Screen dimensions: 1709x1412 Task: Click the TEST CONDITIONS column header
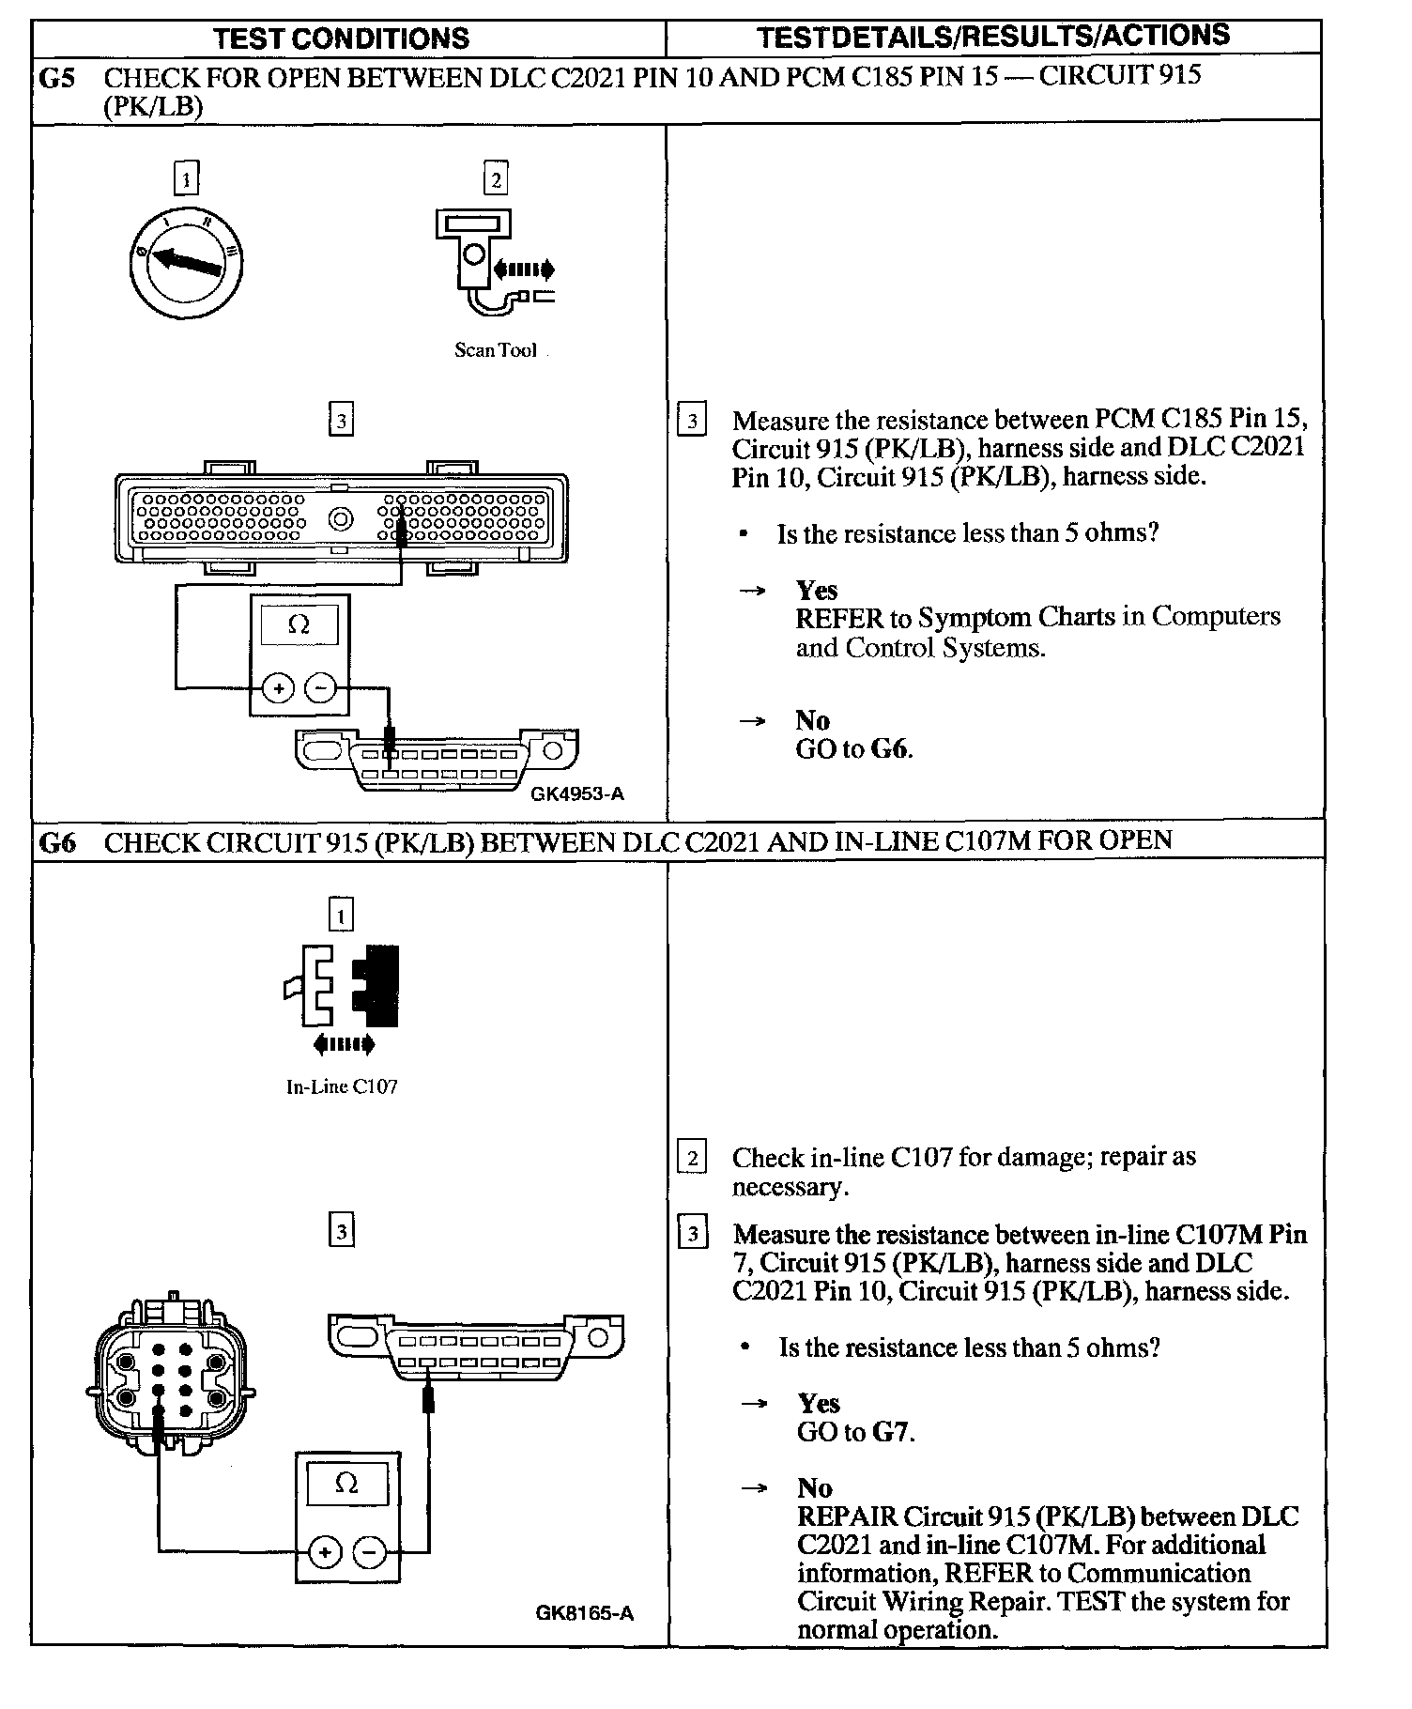[341, 38]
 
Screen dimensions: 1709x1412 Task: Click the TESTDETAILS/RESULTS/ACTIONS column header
[992, 37]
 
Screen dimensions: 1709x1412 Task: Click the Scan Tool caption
[495, 350]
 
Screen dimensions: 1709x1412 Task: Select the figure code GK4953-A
[577, 793]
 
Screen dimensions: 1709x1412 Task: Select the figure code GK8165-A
[585, 1613]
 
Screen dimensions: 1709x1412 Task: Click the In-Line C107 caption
[342, 1086]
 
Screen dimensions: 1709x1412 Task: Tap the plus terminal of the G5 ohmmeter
[278, 688]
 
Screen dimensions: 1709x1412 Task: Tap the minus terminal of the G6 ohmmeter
[369, 1551]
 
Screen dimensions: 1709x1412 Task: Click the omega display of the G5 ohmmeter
[299, 624]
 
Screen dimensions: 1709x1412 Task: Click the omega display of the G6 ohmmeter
[346, 1484]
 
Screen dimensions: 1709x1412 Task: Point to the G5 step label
[56, 77]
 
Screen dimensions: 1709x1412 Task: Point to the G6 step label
[56, 841]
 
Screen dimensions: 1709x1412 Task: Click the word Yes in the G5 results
[816, 590]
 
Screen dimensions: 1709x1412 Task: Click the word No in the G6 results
[814, 1487]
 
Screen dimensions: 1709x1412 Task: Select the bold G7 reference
[891, 1432]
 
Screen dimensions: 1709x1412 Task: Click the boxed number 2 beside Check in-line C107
[692, 1157]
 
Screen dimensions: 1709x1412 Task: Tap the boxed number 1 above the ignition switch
[187, 177]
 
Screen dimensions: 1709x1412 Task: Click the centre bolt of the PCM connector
[340, 518]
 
